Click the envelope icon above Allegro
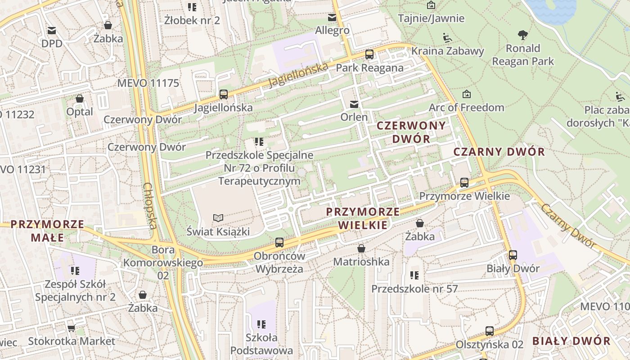[x=332, y=18]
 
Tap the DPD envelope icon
[x=52, y=31]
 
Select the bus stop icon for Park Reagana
[x=369, y=54]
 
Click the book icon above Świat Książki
[x=218, y=218]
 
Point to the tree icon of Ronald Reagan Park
[x=522, y=35]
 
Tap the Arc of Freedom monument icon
[x=467, y=94]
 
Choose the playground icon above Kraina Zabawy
[x=447, y=37]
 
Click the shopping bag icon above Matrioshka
[x=361, y=248]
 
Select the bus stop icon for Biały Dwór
[x=513, y=255]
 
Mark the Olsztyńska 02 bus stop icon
[x=490, y=331]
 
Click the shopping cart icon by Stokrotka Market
[x=71, y=328]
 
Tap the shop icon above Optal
[x=80, y=98]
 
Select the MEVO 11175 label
[x=148, y=83]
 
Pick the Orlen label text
[x=354, y=117]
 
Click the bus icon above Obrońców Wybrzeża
[x=279, y=243]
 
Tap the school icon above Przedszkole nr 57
[x=414, y=275]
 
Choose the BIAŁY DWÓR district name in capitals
[x=571, y=341]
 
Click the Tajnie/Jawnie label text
[x=431, y=18]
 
